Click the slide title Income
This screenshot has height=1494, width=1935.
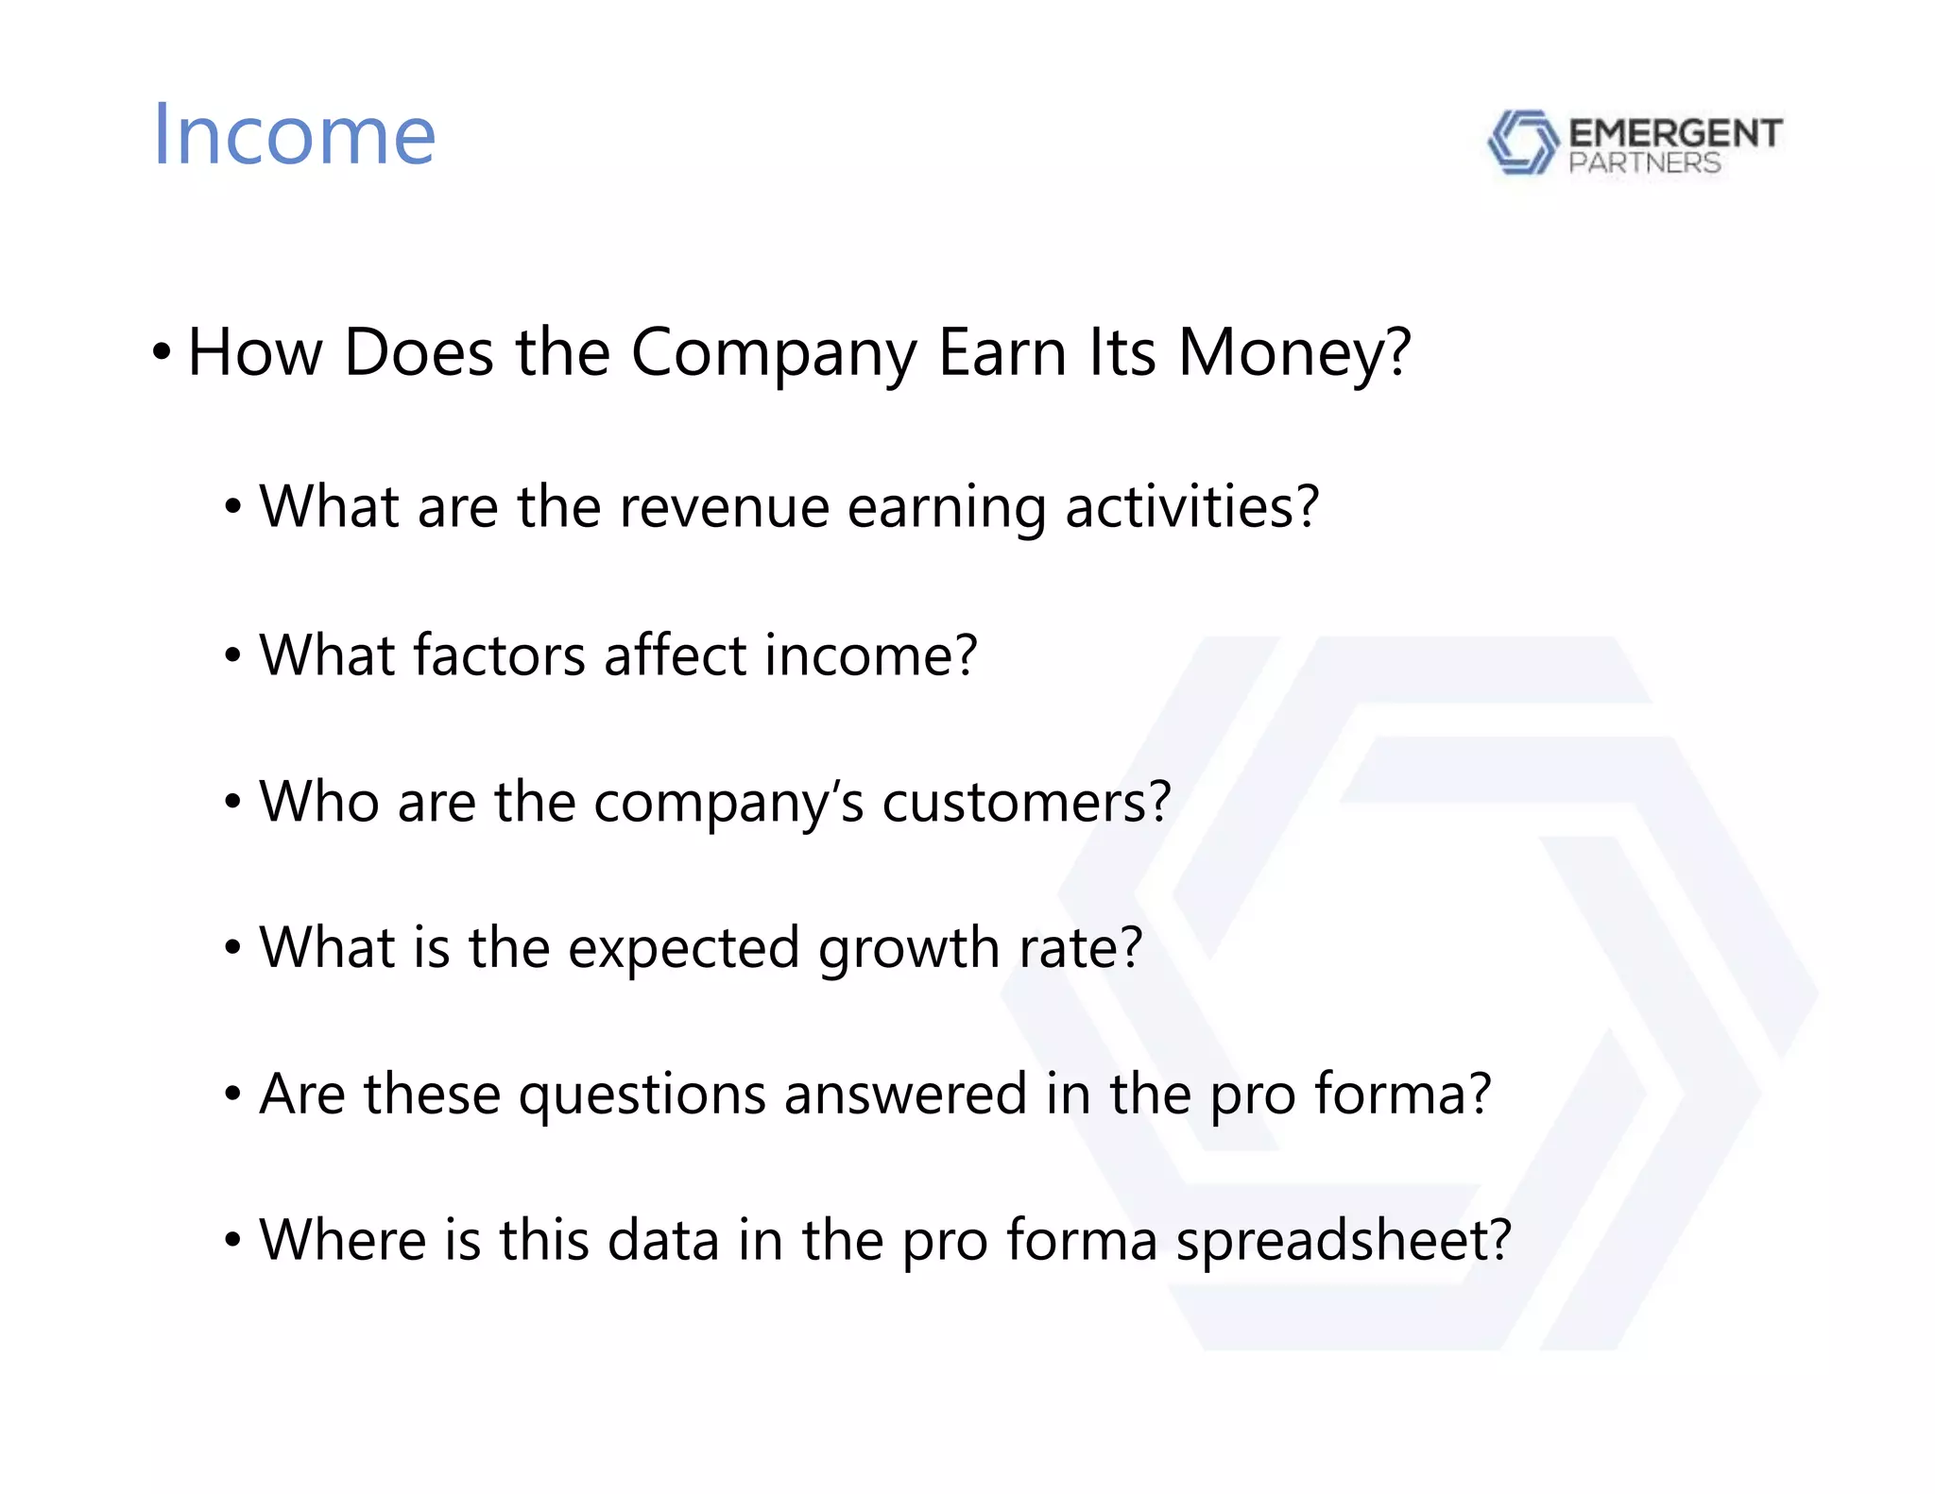(294, 135)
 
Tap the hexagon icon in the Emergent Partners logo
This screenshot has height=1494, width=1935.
(1522, 142)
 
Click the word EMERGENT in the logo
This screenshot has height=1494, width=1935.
(1675, 132)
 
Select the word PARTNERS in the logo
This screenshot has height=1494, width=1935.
(1644, 163)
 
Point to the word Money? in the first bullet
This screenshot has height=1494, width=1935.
(1294, 353)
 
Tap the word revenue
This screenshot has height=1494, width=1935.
(724, 507)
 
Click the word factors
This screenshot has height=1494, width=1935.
(499, 655)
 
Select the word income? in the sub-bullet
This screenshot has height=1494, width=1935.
(870, 655)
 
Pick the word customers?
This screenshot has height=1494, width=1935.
(1026, 803)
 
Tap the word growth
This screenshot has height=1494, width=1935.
(908, 949)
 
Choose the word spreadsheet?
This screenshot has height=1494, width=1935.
(1344, 1242)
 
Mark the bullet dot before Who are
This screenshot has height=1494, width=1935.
(232, 803)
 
